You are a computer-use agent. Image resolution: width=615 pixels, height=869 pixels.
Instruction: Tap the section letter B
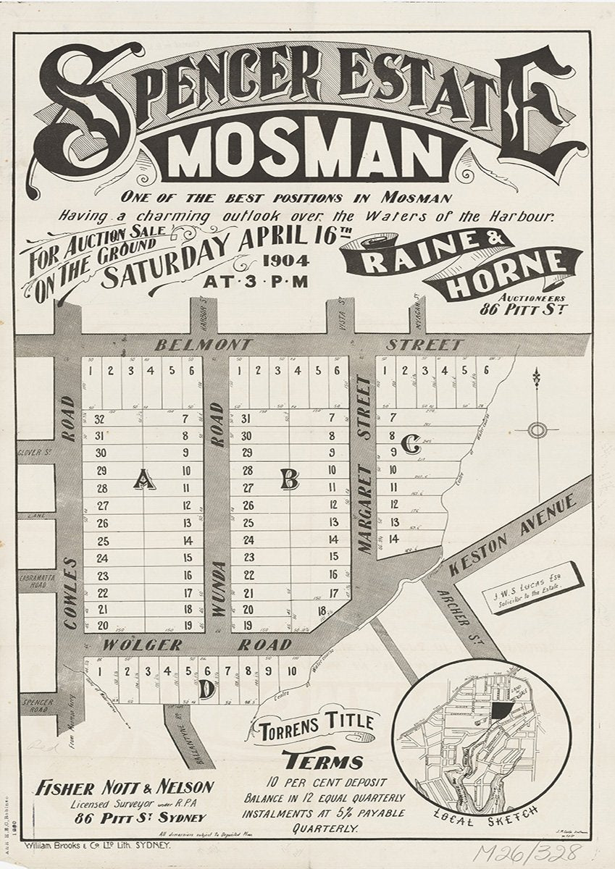(x=290, y=478)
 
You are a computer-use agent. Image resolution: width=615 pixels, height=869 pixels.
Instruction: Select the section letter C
(x=410, y=448)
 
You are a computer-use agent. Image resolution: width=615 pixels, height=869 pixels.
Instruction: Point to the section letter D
(x=206, y=692)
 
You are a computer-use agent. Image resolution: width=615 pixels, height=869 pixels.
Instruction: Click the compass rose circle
(x=537, y=431)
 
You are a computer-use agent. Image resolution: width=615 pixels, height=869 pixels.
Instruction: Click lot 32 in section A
(x=100, y=419)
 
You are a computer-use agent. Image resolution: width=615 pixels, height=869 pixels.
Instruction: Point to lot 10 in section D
(x=290, y=671)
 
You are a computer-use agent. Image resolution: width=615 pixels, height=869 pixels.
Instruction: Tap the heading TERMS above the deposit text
(x=323, y=761)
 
